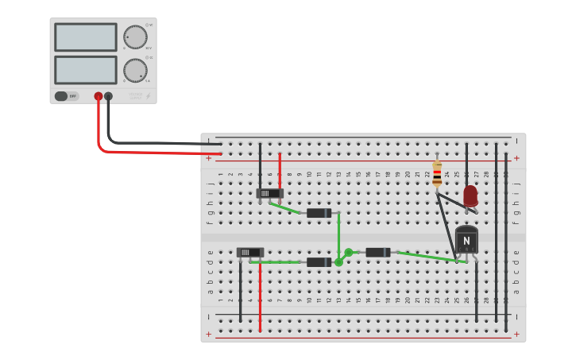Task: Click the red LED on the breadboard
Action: (x=470, y=195)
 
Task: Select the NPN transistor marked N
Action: (x=466, y=239)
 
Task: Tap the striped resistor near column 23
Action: (x=437, y=173)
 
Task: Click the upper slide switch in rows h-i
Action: (x=270, y=193)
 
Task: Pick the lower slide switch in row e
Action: (x=250, y=253)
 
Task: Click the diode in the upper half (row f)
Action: (x=319, y=213)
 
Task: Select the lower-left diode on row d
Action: (x=319, y=262)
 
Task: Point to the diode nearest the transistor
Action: (x=377, y=253)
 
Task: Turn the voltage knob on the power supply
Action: (x=135, y=37)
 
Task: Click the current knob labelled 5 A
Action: (x=135, y=71)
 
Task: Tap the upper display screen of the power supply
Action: (x=86, y=37)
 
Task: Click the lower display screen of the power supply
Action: (x=86, y=70)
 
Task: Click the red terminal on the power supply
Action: (x=99, y=96)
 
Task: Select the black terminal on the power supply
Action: (x=109, y=96)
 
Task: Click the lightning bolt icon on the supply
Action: (x=147, y=97)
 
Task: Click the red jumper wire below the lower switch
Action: (x=260, y=298)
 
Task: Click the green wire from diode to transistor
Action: (x=429, y=257)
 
